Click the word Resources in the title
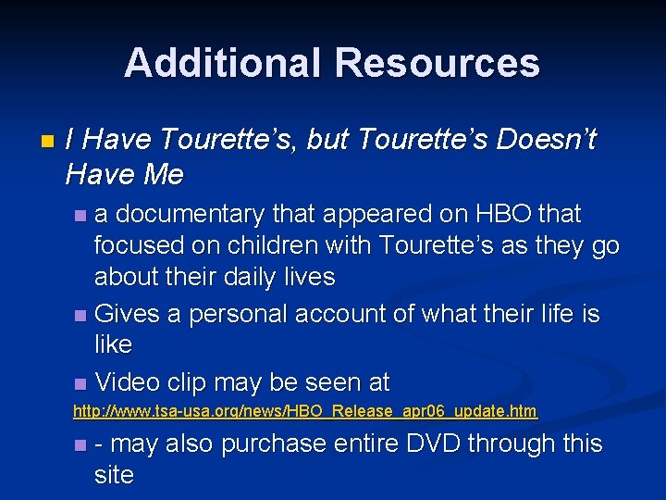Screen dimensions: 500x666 point(438,63)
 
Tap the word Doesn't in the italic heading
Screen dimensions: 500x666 point(546,140)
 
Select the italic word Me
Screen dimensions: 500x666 point(163,173)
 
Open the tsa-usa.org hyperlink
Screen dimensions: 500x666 point(305,410)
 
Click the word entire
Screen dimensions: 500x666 point(368,444)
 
